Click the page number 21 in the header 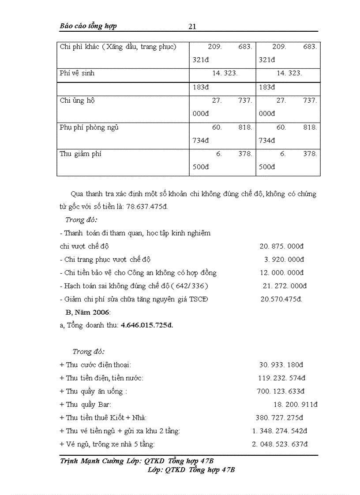point(192,26)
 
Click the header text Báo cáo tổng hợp point(88,26)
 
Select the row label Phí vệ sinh point(77,73)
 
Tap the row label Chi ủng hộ point(78,100)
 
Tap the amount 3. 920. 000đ point(284,259)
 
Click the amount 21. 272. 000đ point(285,286)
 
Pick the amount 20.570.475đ point(281,299)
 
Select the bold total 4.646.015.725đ point(147,325)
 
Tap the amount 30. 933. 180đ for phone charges point(281,365)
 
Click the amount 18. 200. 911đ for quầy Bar point(296,404)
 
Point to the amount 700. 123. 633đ point(281,391)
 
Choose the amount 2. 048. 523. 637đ point(280,444)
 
